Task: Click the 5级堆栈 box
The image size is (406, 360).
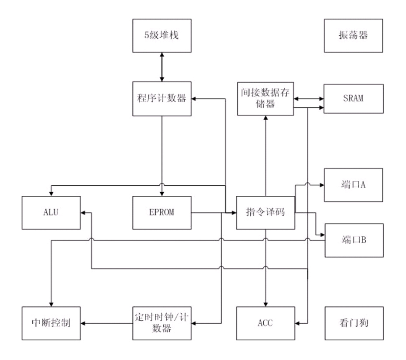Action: coord(162,36)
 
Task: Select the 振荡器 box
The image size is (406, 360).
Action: coord(354,36)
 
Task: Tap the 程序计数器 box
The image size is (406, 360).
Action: coord(162,98)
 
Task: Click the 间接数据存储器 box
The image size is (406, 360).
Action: coord(265,98)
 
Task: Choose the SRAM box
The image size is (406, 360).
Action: coord(354,98)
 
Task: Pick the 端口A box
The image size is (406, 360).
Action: coord(354,185)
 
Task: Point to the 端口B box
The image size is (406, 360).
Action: coord(354,240)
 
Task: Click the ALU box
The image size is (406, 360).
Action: coord(52,213)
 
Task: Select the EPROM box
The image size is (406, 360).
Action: coord(162,213)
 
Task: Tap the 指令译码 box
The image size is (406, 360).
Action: coord(265,213)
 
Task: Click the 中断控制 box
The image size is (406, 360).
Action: coord(52,323)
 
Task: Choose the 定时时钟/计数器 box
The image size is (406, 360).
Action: coord(162,323)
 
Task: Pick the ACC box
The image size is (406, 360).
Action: coord(265,323)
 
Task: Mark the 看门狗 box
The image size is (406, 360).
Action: coord(354,323)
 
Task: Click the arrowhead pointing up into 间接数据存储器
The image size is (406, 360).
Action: coord(265,118)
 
